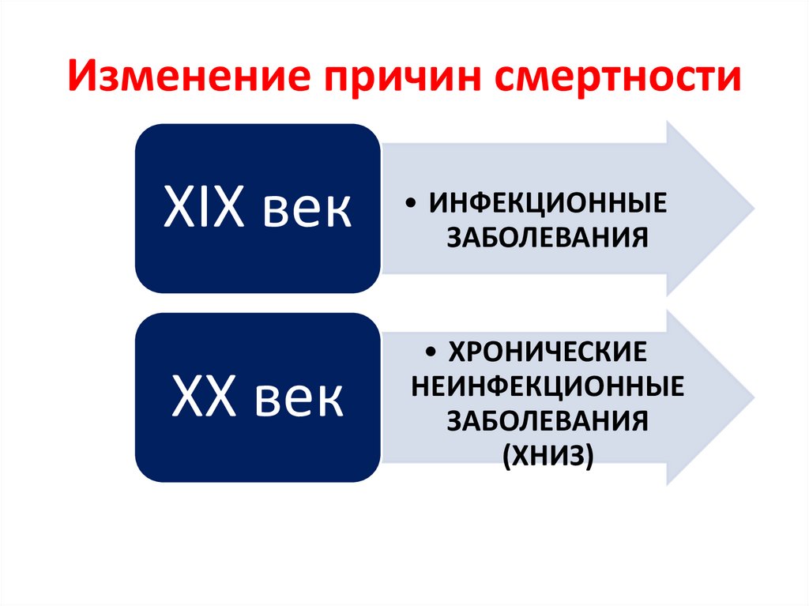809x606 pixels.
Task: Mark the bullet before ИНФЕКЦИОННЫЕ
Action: coord(416,205)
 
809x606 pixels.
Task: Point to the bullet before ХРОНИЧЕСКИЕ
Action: coord(429,351)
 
